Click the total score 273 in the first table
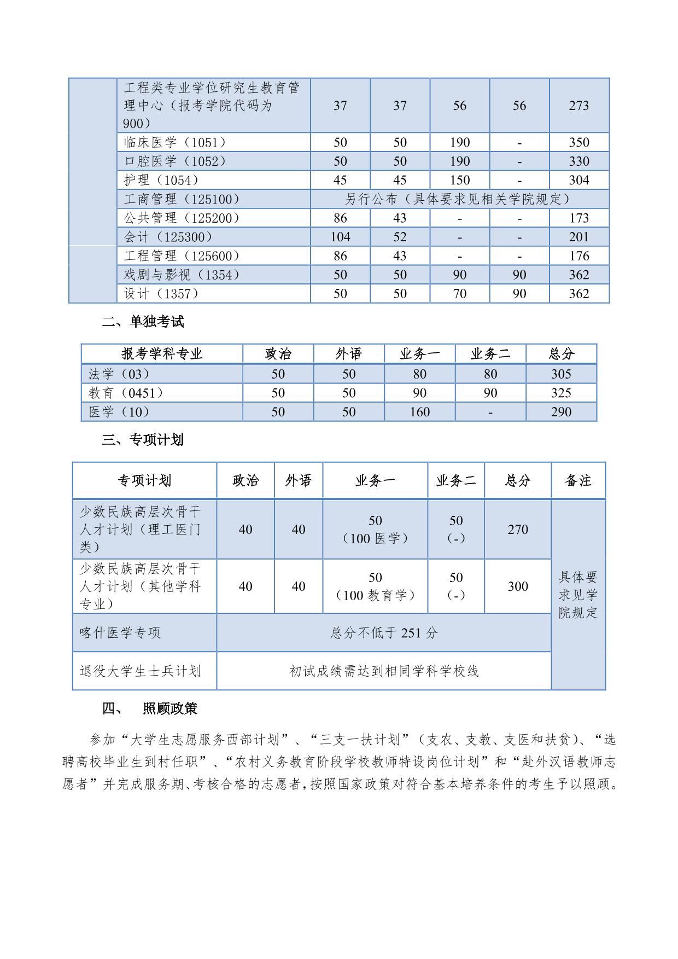tap(578, 105)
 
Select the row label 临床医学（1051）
tap(175, 142)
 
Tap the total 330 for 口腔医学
tap(578, 161)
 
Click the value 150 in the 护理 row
tap(459, 180)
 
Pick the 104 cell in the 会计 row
tap(340, 237)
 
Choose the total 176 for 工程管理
tap(578, 256)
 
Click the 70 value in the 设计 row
tap(459, 294)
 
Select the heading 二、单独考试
tap(143, 322)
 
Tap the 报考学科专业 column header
tap(162, 354)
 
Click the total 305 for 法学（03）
tap(561, 374)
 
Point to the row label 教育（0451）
tap(126, 393)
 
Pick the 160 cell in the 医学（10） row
tap(419, 412)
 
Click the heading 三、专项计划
tap(143, 440)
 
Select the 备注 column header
tap(578, 480)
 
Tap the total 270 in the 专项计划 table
tap(517, 530)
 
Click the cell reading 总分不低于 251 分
tap(384, 633)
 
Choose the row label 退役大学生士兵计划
tap(141, 671)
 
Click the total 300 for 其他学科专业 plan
tap(517, 586)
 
